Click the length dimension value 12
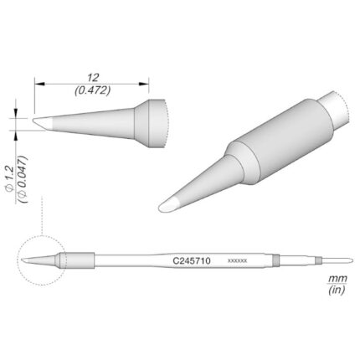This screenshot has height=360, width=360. (93, 78)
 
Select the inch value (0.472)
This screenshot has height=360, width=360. (93, 90)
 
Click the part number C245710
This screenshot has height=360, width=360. (192, 261)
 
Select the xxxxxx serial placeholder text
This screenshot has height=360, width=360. (237, 261)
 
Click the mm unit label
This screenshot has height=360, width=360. (337, 278)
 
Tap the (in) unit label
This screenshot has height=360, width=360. (337, 291)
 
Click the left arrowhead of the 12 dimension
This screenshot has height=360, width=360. (39, 84)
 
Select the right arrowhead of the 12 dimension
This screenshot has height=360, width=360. (143, 84)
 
